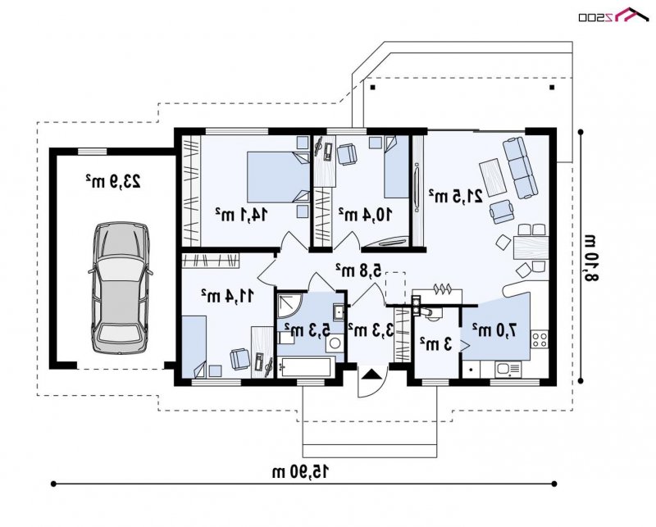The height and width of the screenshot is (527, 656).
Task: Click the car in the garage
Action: tap(120, 288)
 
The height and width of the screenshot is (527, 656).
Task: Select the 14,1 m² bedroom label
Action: tap(241, 215)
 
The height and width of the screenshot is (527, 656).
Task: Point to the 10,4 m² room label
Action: tap(365, 215)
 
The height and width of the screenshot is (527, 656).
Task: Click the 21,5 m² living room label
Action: tap(456, 196)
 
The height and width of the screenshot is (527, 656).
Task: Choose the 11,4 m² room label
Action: tap(227, 296)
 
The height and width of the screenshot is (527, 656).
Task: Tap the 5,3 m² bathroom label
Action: tap(307, 329)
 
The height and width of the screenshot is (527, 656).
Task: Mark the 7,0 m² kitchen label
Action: tap(494, 330)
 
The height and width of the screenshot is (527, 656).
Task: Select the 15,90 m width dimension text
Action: tap(300, 472)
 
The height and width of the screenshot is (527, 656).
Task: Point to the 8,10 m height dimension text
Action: tap(590, 258)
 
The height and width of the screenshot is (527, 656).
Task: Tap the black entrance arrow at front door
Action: tap(370, 373)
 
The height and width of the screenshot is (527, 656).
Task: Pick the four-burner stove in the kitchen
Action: tap(539, 338)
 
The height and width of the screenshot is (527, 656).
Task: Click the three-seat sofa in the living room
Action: tap(520, 167)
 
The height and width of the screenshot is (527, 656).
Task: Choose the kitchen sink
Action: tap(508, 369)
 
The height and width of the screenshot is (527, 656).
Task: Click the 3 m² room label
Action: tap(436, 344)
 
